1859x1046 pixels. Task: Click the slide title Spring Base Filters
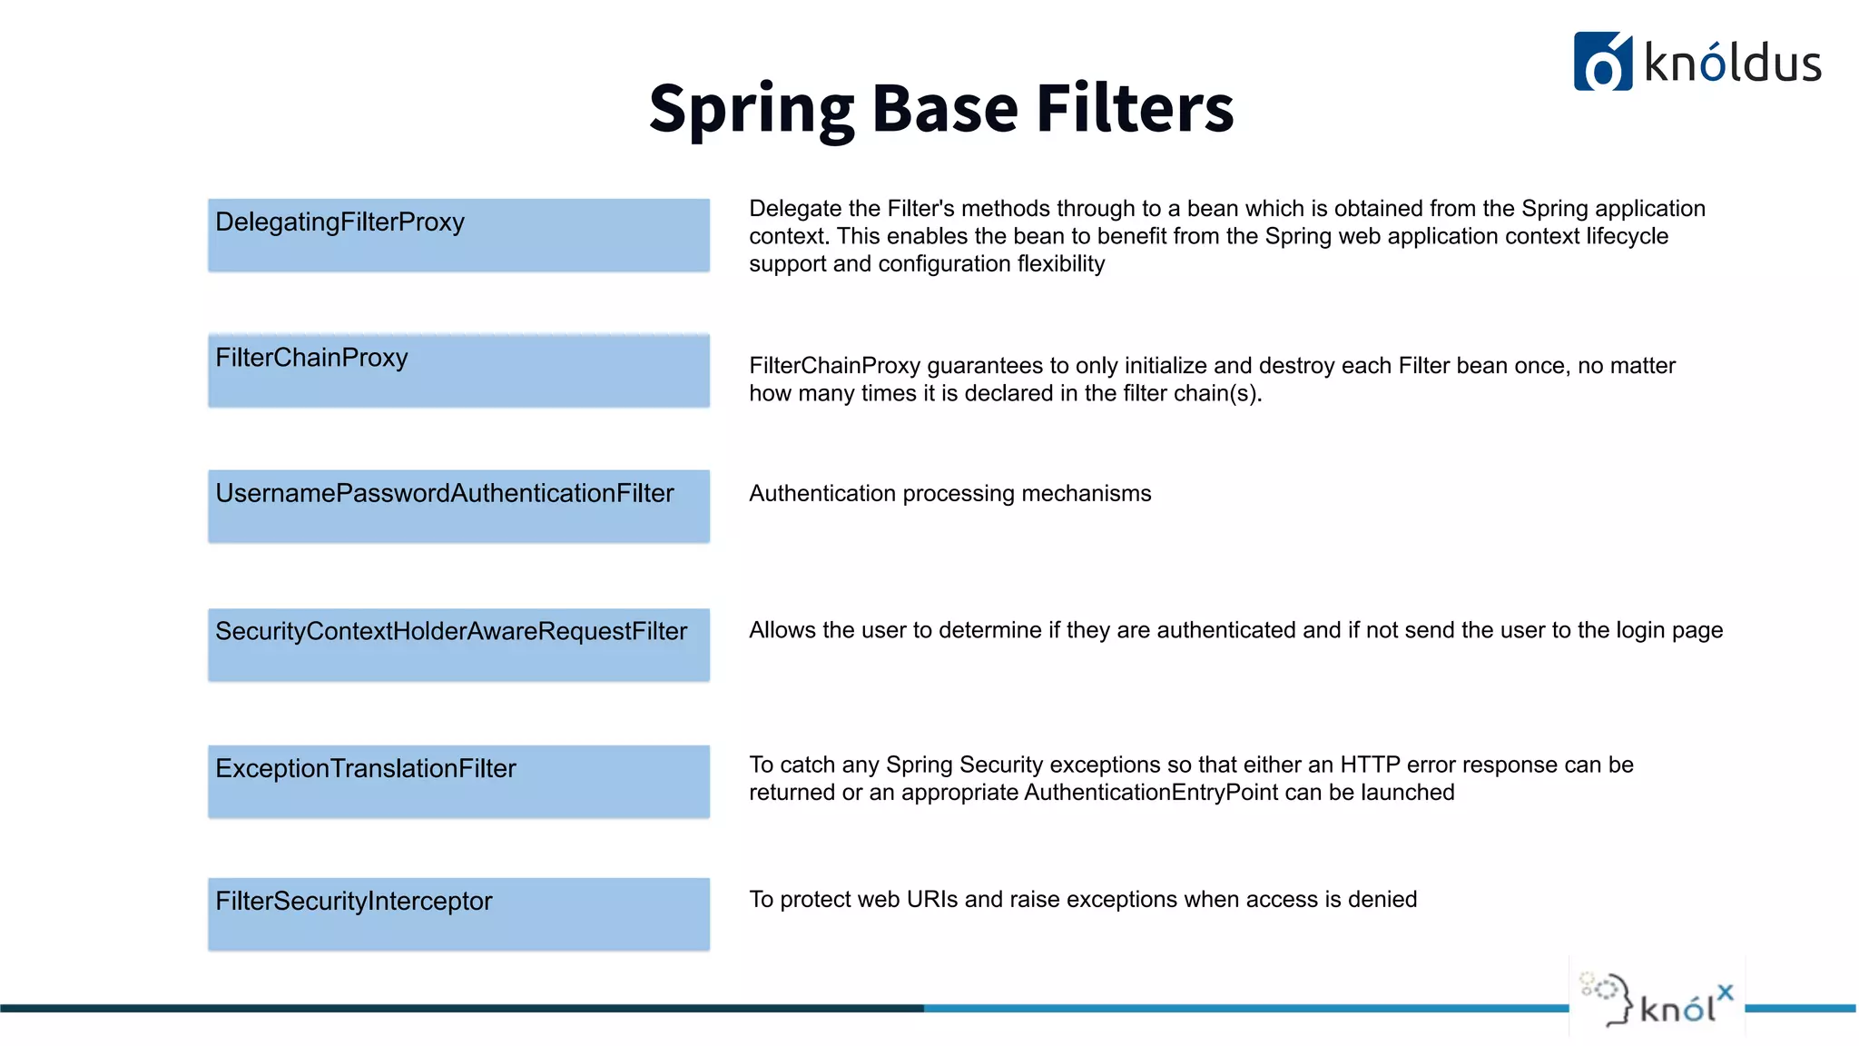point(941,108)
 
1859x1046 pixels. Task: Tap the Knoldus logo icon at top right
point(1602,62)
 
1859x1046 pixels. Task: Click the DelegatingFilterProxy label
point(339,222)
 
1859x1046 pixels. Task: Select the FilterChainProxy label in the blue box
point(311,358)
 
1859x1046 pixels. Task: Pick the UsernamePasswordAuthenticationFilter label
point(444,493)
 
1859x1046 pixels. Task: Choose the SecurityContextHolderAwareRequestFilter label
point(451,631)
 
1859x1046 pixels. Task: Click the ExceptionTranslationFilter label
point(365,769)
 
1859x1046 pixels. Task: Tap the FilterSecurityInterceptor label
point(353,901)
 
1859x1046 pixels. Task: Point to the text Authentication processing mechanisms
point(949,494)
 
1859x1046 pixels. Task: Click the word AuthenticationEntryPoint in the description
point(1150,793)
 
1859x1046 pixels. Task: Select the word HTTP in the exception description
point(1370,765)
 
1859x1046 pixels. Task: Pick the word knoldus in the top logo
point(1732,64)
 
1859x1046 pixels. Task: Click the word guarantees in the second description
point(984,366)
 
